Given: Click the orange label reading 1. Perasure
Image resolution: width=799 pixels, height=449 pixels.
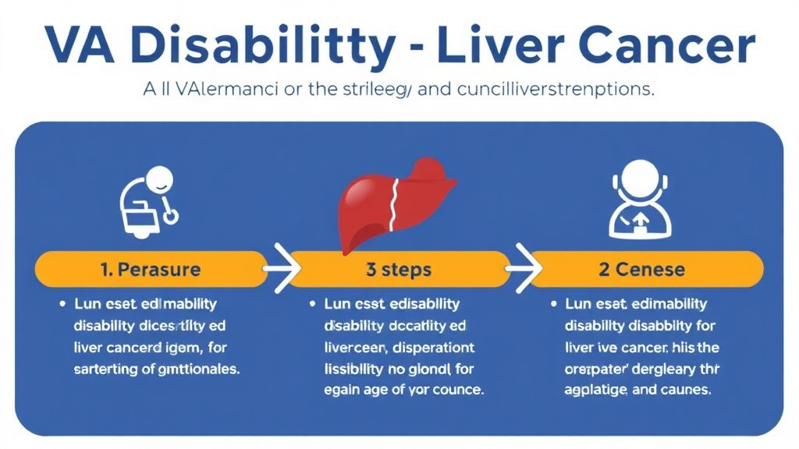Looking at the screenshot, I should pyautogui.click(x=151, y=270).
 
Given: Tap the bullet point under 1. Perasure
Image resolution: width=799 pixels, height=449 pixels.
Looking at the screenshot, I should pyautogui.click(x=61, y=302).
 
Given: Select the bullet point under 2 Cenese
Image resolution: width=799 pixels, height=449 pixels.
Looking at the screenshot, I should pyautogui.click(x=554, y=302).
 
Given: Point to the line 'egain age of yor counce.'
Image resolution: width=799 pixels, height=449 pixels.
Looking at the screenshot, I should pyautogui.click(x=403, y=389).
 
